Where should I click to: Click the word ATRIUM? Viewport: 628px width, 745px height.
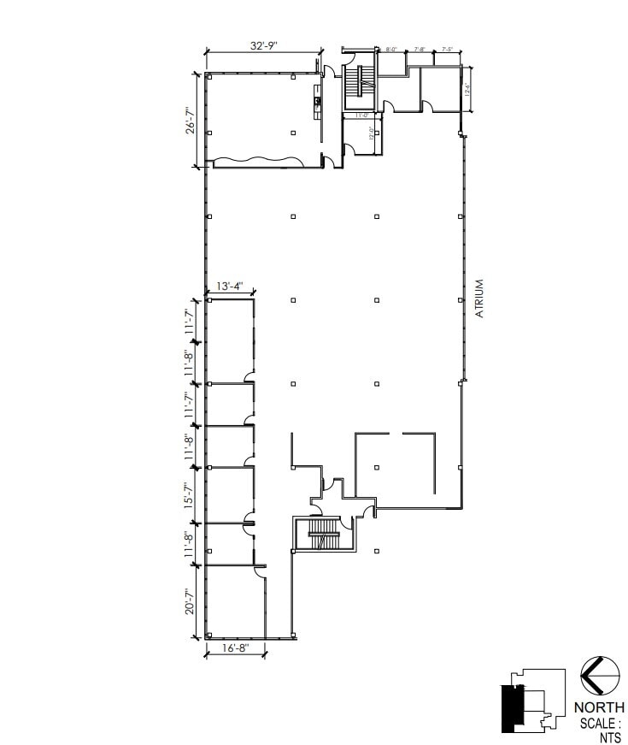(x=479, y=299)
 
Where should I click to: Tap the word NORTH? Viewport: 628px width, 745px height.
(x=598, y=707)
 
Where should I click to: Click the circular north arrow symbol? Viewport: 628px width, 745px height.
(x=599, y=676)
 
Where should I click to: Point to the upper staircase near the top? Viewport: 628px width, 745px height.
(x=359, y=86)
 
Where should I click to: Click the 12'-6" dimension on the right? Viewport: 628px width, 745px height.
(x=467, y=88)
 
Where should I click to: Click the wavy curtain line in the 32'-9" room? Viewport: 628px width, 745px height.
(x=257, y=160)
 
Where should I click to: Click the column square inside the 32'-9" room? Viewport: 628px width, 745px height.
(x=293, y=133)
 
